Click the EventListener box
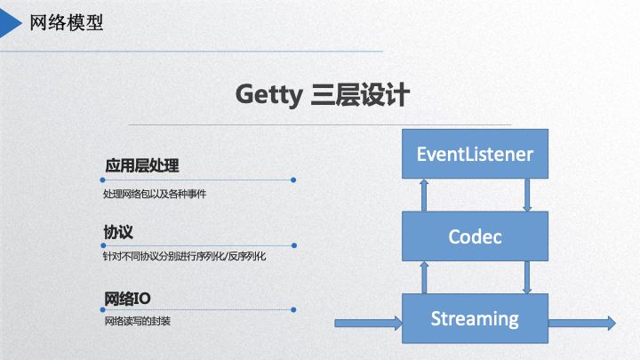point(475,154)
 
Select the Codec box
point(475,236)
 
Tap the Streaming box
point(475,318)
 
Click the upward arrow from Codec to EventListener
point(424,195)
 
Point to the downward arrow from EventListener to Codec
point(527,195)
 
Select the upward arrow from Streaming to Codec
point(424,276)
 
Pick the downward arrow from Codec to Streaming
point(527,276)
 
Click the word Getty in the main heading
point(269,94)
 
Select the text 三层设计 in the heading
point(360,94)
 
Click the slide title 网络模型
point(67,22)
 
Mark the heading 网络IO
point(125,297)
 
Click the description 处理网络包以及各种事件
point(155,193)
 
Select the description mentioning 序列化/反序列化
point(184,256)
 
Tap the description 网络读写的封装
point(137,320)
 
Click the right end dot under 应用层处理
point(293,180)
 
